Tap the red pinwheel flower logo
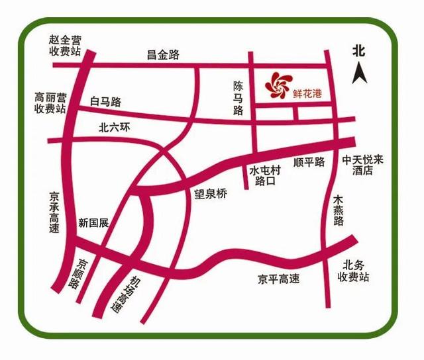(x=277, y=86)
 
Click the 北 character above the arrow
(x=359, y=50)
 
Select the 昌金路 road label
(x=163, y=55)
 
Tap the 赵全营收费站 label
(x=64, y=46)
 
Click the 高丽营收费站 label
(x=51, y=102)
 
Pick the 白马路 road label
(x=106, y=102)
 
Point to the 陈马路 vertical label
(x=239, y=99)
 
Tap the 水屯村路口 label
(x=265, y=175)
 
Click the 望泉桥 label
(x=210, y=194)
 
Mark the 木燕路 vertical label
(x=339, y=210)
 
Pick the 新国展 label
(x=93, y=222)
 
